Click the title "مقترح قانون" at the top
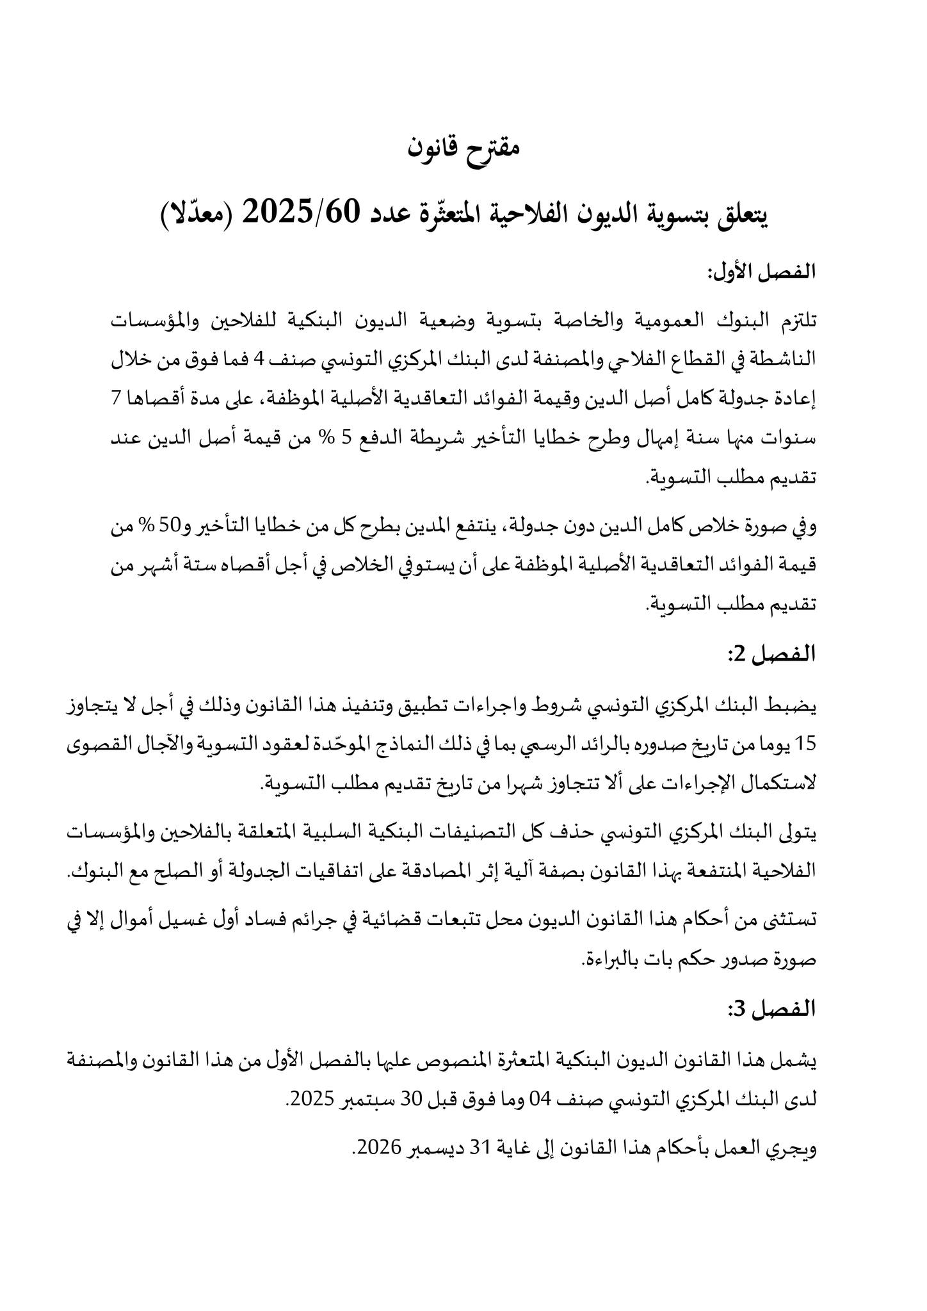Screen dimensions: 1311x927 pyautogui.click(x=463, y=149)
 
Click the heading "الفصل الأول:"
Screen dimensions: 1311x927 pyautogui.click(x=761, y=271)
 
